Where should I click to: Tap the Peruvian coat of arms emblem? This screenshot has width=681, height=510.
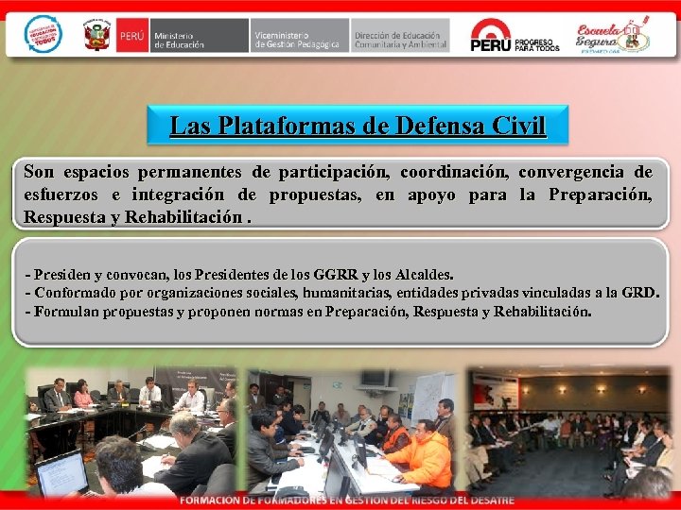pos(97,35)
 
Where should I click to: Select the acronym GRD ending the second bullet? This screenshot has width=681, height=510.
pos(638,292)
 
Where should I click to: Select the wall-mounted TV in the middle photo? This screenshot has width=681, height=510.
pos(374,378)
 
